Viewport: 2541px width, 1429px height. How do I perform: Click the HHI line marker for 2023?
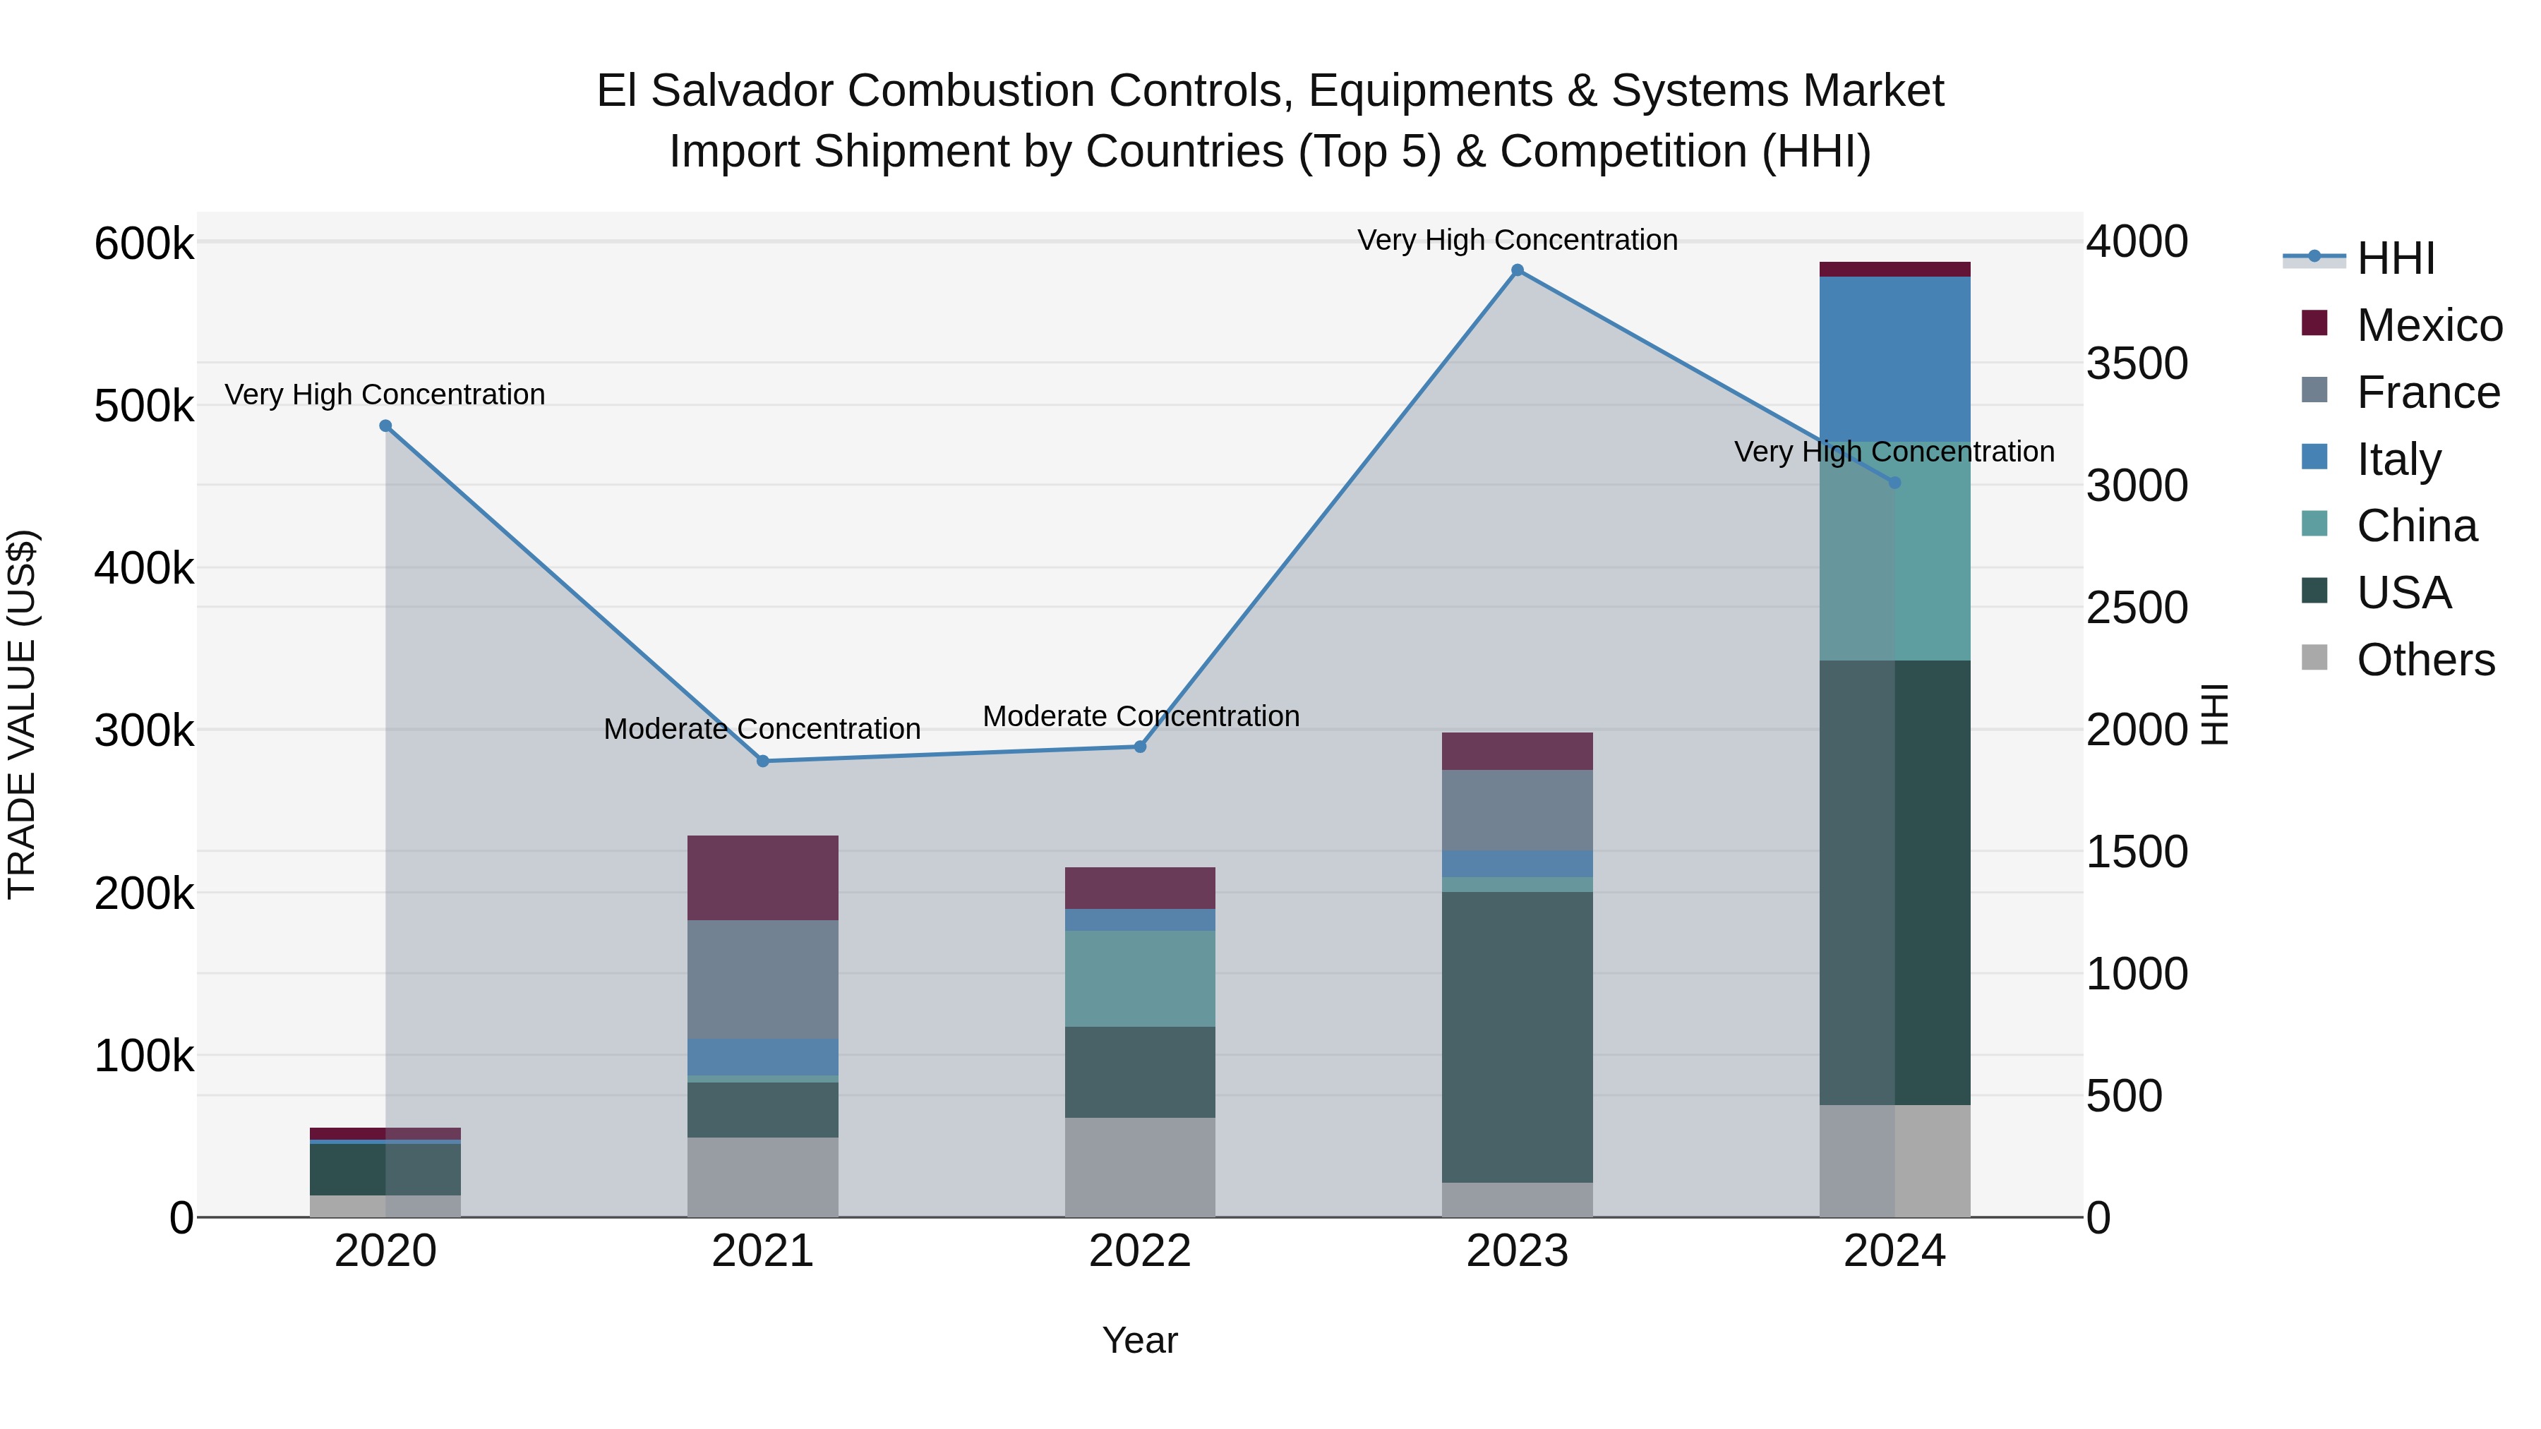[x=1517, y=270]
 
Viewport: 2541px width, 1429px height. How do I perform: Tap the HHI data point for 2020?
[x=385, y=426]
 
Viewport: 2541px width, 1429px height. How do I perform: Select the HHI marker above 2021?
[x=762, y=761]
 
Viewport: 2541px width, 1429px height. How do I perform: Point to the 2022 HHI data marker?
[x=1141, y=747]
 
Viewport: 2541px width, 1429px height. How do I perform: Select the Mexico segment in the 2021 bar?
[x=762, y=878]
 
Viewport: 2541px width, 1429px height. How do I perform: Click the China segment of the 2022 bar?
[x=1141, y=978]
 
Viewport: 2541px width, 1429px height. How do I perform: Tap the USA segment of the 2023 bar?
[x=1517, y=1035]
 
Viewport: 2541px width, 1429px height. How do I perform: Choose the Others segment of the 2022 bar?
[x=1141, y=1166]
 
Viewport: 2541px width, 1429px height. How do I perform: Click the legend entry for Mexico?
[x=2429, y=325]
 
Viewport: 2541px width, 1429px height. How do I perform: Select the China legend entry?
[x=2416, y=526]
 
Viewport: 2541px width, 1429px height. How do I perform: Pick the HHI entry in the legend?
[x=2395, y=258]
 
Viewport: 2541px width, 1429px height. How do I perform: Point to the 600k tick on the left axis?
[x=144, y=243]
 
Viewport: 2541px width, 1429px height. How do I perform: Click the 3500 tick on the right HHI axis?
[x=2137, y=363]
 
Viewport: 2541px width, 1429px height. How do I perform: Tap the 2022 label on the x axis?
[x=1141, y=1251]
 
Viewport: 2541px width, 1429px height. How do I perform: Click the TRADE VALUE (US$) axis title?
[x=23, y=714]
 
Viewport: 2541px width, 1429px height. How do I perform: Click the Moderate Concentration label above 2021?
[x=762, y=729]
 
